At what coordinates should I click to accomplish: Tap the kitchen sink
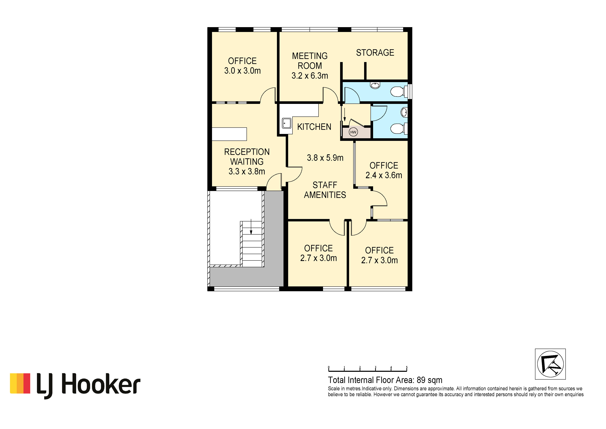pyautogui.click(x=287, y=123)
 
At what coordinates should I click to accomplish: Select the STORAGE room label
pyautogui.click(x=375, y=53)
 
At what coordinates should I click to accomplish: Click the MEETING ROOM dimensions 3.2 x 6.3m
pyautogui.click(x=310, y=76)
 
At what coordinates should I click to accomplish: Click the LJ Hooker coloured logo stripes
pyautogui.click(x=20, y=383)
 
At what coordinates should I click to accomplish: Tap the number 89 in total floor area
pyautogui.click(x=421, y=380)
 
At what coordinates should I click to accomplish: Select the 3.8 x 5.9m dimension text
pyautogui.click(x=325, y=158)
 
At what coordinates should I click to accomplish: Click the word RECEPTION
pyautogui.click(x=247, y=152)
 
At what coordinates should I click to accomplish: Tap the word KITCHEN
pyautogui.click(x=314, y=127)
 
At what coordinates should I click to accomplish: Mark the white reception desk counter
pyautogui.click(x=229, y=134)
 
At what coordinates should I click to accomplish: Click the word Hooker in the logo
pyautogui.click(x=101, y=384)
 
